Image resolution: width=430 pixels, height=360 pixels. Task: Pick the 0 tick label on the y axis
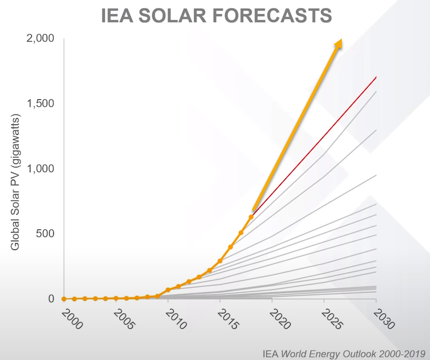52,299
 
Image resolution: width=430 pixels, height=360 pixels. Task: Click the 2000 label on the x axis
71,319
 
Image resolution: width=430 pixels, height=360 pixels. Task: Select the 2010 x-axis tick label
175,319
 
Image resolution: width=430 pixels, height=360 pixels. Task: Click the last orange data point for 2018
251,217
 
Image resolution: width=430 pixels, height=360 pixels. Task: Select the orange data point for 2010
168,290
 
